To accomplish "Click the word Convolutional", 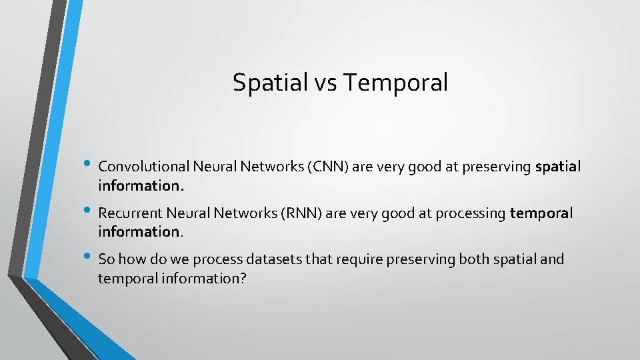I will click(142, 167).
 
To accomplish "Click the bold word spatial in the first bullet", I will click(557, 167).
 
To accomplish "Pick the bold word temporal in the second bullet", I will click(541, 213).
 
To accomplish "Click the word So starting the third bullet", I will click(105, 259).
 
